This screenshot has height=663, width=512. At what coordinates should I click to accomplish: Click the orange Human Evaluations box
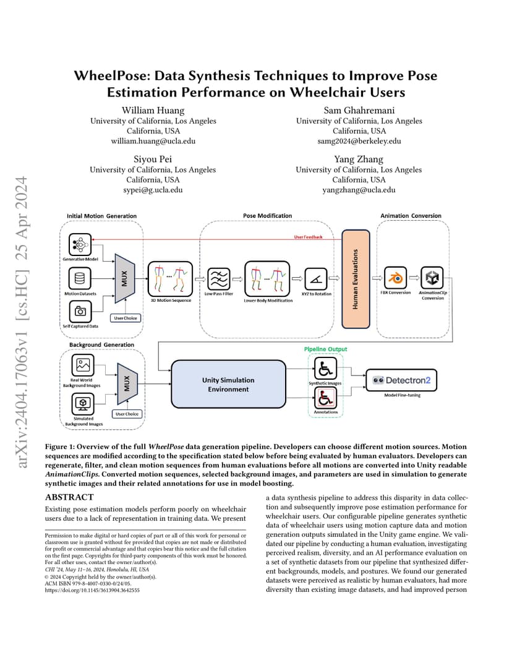coord(356,279)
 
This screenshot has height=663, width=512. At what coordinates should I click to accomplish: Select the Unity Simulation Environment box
coord(228,384)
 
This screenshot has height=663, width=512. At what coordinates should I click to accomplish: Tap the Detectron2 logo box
coord(401,380)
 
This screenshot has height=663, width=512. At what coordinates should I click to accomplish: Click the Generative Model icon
coord(80,244)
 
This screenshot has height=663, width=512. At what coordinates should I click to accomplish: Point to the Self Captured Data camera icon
coord(80,311)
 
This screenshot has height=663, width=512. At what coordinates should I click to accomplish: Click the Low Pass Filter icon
coord(218,279)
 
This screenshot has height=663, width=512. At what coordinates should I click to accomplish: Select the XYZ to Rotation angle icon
coord(316,279)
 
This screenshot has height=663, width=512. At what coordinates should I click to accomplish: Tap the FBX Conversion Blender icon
coord(396,278)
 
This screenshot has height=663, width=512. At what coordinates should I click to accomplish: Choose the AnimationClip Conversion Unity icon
coord(432,278)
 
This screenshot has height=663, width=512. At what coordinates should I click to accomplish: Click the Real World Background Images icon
coord(83,365)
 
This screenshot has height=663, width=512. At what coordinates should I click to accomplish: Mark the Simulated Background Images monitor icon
coord(83,404)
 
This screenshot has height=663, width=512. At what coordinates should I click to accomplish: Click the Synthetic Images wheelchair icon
coord(325,369)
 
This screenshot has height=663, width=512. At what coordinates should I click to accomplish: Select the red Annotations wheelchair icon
coord(325,398)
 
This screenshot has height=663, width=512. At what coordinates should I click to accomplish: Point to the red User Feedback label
coord(308,237)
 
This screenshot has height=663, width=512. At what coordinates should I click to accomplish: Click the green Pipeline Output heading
coord(325,349)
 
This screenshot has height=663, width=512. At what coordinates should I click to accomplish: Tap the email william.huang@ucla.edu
coord(153,141)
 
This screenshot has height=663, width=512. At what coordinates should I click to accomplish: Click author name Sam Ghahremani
coord(359,110)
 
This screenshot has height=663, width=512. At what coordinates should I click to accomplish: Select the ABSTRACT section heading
coord(69,497)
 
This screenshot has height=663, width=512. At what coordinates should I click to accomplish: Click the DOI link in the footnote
coord(92,590)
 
